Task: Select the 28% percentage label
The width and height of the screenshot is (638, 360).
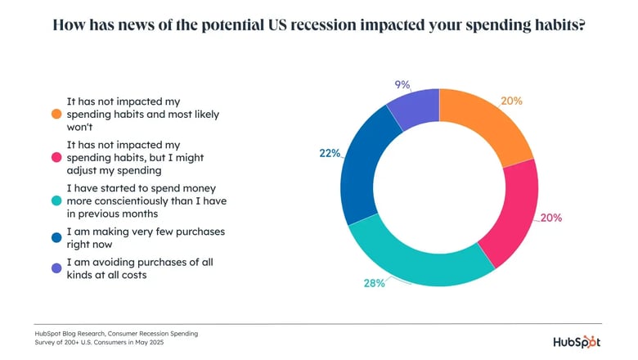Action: click(x=374, y=283)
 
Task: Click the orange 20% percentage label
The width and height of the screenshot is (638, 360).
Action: click(x=511, y=101)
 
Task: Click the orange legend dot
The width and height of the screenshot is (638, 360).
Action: click(x=56, y=115)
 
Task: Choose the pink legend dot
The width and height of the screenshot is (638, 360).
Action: click(x=56, y=156)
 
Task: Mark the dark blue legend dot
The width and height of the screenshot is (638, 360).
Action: click(x=56, y=239)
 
